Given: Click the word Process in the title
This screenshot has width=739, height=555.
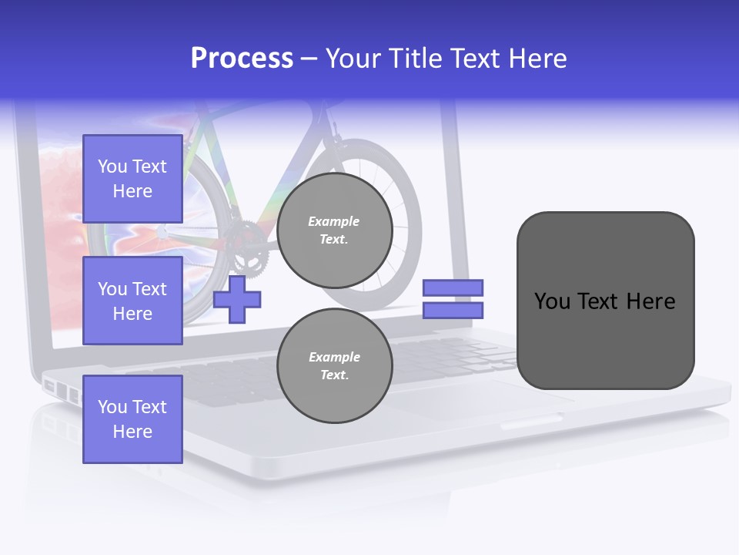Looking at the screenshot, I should point(242,59).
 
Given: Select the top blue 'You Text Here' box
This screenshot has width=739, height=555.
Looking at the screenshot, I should point(132,179).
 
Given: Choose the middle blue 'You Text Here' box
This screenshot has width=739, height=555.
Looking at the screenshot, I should point(132,301).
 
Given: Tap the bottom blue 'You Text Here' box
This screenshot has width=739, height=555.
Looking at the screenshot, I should point(132,419).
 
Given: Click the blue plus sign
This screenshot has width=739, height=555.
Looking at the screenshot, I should point(237,300).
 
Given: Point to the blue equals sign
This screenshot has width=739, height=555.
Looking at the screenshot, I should point(453,299).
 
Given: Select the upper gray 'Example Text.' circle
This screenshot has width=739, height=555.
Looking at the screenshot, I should point(335,230).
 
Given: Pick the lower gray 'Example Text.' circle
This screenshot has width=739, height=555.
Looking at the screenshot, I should point(335,366).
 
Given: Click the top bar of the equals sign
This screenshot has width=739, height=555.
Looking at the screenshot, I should point(453,288).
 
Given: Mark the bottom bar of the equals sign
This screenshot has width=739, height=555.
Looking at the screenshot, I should point(453,310).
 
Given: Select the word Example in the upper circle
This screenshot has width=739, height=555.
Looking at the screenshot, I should point(334,221).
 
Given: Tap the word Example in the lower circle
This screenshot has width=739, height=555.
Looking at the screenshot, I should point(334,357).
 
